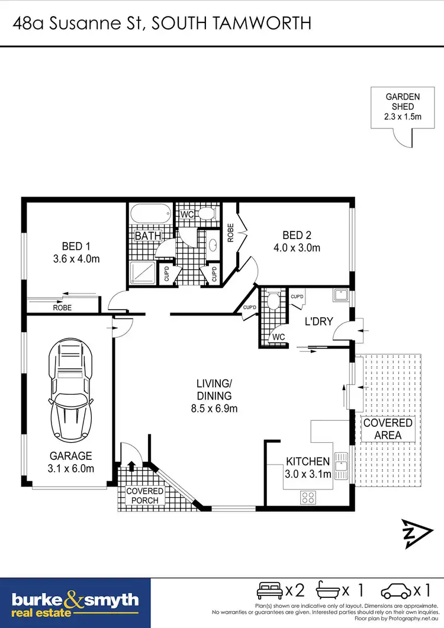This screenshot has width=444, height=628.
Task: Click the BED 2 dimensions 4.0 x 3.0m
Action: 297,248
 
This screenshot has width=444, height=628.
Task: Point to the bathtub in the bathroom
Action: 150,214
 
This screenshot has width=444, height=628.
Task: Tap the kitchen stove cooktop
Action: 308,496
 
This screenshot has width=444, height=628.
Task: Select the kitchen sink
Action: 341,465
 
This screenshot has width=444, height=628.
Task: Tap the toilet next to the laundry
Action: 273,301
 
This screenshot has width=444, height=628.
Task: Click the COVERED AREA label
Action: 388,429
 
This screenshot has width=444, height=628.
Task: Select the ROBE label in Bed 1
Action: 62,308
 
